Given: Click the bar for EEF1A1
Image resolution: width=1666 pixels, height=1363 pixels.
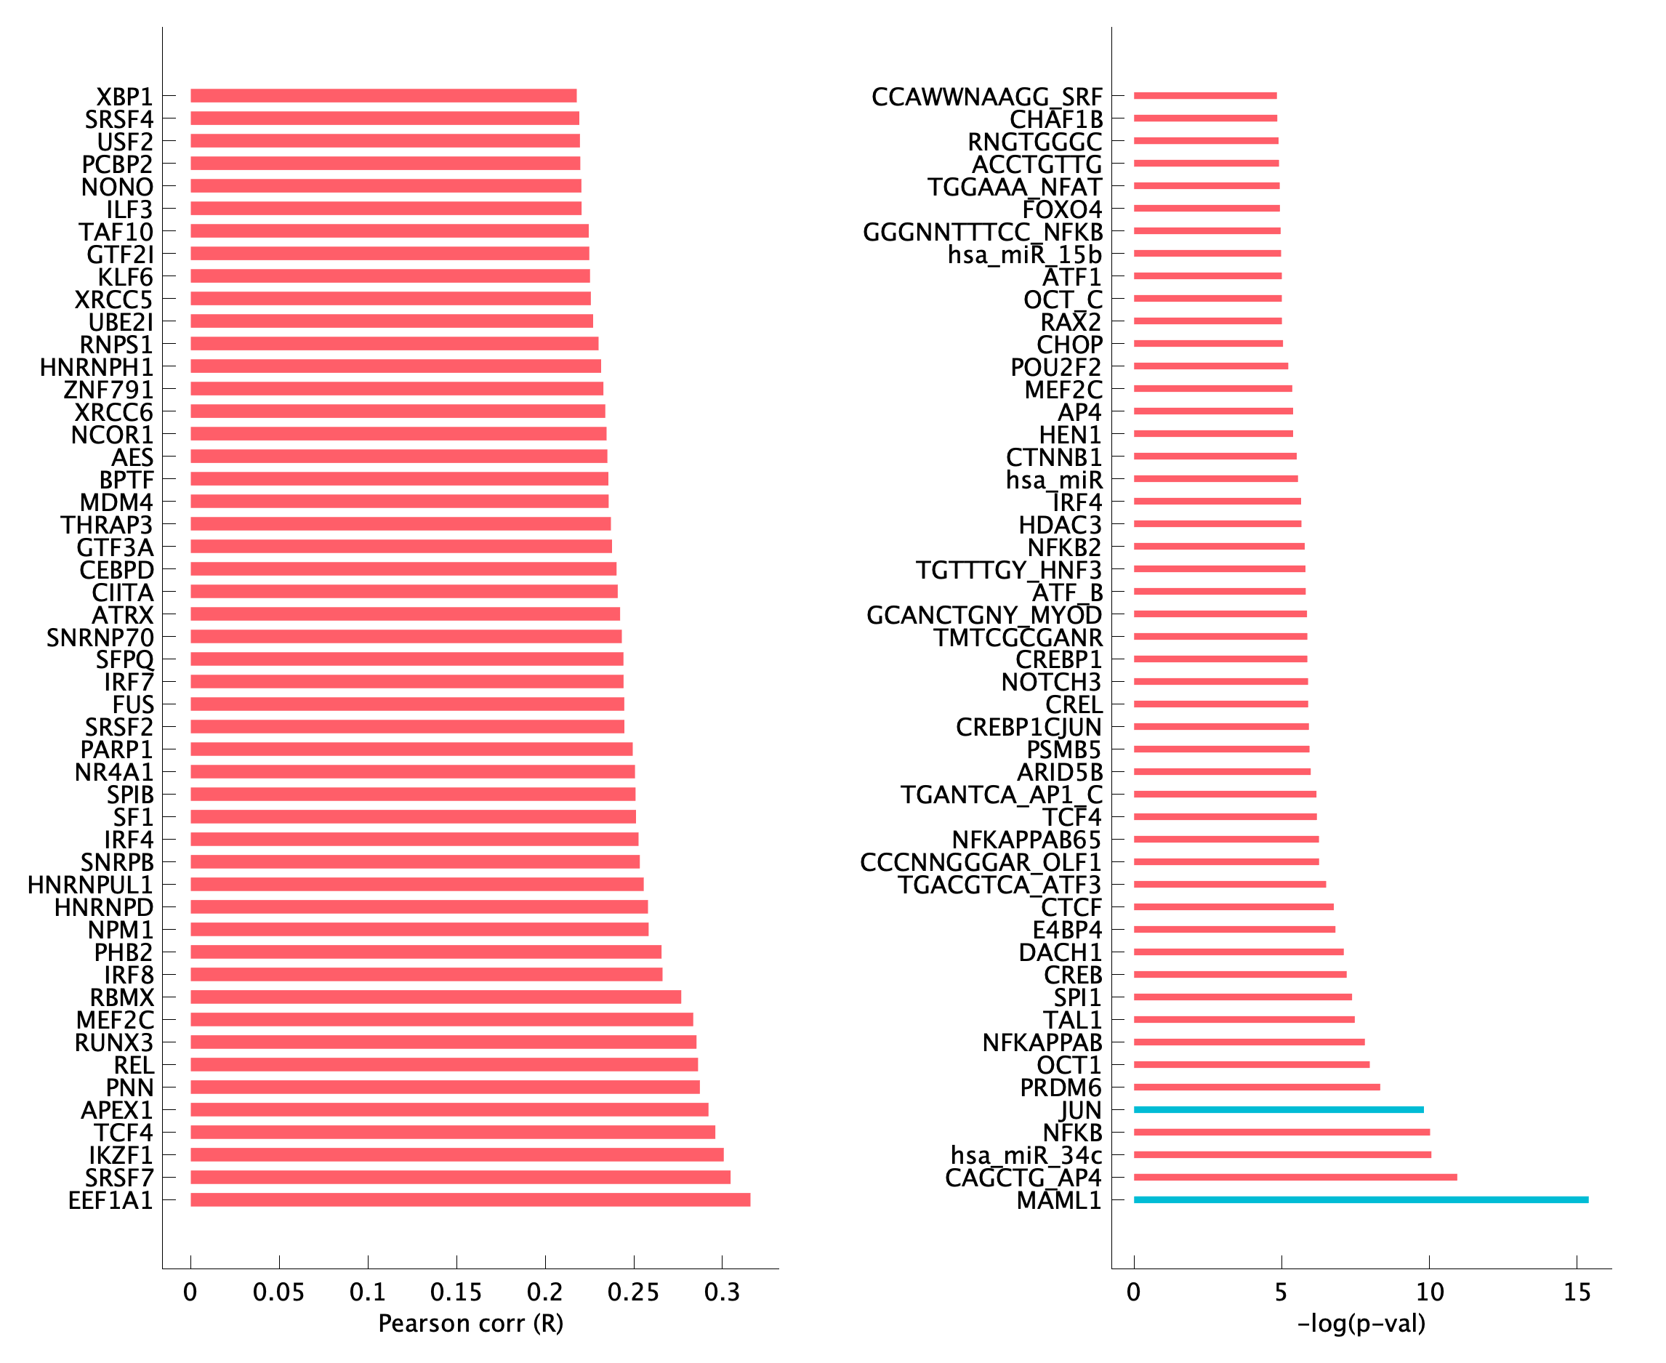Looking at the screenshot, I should (x=470, y=1199).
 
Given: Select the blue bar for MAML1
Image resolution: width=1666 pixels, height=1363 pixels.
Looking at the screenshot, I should (x=1361, y=1199).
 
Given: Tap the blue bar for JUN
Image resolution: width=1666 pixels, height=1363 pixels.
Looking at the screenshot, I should (x=1278, y=1109).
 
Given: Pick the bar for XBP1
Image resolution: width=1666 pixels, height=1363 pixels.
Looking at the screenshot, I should (x=383, y=96).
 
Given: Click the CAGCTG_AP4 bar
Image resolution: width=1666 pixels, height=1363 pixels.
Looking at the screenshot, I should (x=1295, y=1177).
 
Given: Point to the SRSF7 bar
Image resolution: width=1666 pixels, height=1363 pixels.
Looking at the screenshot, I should (x=460, y=1177).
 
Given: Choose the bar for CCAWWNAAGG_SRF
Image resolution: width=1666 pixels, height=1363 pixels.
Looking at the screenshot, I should (x=1205, y=96).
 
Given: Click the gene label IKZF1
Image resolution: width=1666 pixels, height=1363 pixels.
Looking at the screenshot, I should (x=121, y=1155).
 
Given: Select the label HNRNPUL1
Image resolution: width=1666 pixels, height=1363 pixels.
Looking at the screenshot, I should (x=90, y=885).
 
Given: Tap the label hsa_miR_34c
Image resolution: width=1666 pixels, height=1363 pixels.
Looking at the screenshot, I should (x=1026, y=1155).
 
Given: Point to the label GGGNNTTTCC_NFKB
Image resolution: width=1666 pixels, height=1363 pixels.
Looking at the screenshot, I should (x=982, y=233).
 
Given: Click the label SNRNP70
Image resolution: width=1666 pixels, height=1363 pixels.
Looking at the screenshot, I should (x=100, y=638).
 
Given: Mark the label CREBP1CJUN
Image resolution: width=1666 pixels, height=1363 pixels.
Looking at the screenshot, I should (x=1029, y=728).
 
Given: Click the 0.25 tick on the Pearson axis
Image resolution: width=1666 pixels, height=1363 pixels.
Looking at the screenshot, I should (x=634, y=1292).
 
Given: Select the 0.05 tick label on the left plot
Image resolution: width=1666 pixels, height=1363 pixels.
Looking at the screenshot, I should (x=278, y=1292).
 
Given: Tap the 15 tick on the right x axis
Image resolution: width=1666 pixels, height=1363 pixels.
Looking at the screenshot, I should (x=1577, y=1292).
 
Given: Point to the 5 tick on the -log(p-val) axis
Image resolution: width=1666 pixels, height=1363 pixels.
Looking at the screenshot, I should (x=1281, y=1292).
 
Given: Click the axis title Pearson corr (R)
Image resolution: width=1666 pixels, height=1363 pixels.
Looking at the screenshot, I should (x=470, y=1324).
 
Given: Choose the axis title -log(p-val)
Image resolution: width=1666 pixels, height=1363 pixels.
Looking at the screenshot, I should (x=1361, y=1324).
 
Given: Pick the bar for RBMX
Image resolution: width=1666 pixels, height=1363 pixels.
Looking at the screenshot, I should (x=435, y=997).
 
